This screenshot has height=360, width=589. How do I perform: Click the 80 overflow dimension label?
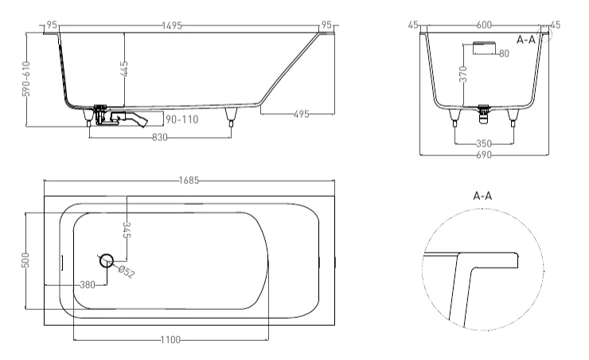click(x=504, y=53)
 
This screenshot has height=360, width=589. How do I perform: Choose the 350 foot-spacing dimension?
click(x=484, y=143)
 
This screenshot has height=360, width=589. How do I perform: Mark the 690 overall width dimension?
click(x=484, y=155)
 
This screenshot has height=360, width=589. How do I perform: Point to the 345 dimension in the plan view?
click(x=126, y=231)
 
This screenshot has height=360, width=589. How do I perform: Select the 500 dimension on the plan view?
click(x=25, y=261)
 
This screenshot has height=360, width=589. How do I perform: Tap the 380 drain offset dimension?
click(x=88, y=284)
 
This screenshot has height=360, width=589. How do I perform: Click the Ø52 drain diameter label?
click(x=127, y=272)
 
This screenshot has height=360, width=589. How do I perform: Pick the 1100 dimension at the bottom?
click(x=169, y=340)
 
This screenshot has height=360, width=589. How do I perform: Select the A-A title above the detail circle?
click(x=482, y=195)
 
